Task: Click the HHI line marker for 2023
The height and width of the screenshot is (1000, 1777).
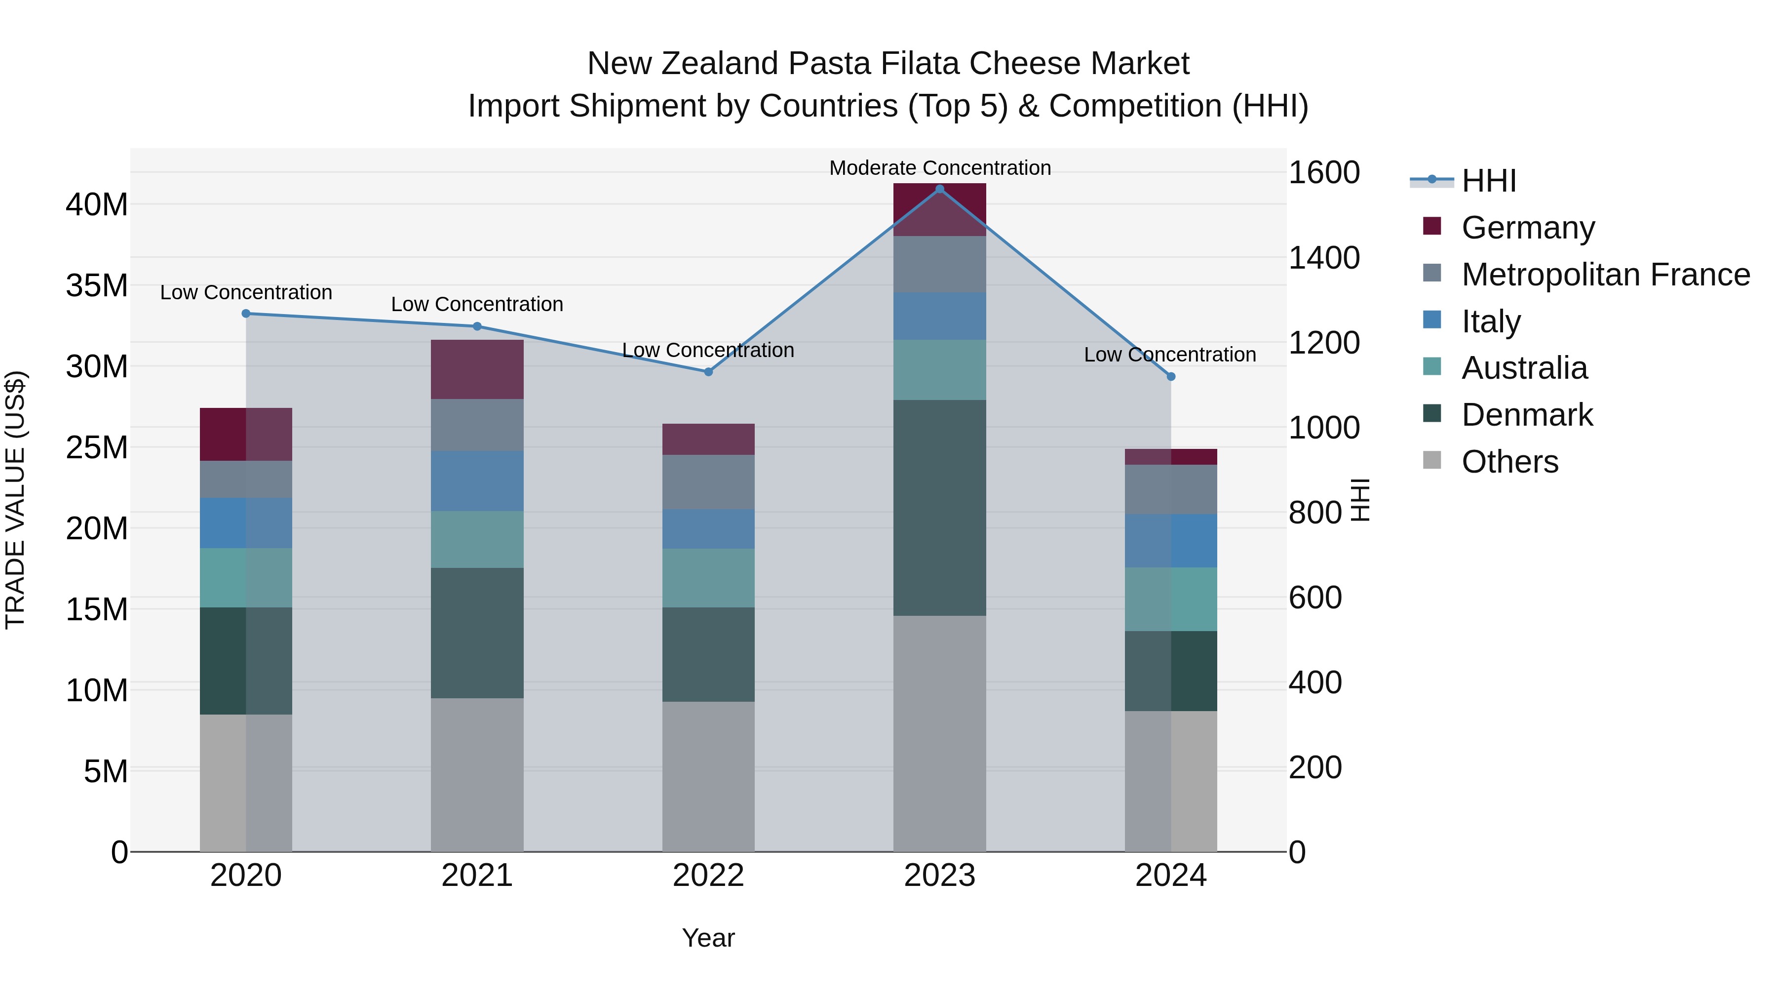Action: coord(939,189)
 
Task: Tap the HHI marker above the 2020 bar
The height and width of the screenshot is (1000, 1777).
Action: coord(246,313)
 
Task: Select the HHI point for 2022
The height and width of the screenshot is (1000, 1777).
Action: coord(708,372)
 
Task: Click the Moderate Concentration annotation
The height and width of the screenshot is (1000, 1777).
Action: coord(939,168)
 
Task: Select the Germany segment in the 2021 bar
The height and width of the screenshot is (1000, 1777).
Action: coord(477,369)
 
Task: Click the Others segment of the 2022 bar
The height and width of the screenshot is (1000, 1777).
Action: coord(708,776)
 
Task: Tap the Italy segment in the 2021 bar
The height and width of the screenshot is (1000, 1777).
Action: coord(477,480)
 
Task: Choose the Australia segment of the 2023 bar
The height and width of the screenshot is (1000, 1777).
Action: coord(939,370)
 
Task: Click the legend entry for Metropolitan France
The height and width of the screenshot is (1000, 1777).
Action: coord(1605,275)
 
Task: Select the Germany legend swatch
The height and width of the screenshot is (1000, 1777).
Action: coord(1432,226)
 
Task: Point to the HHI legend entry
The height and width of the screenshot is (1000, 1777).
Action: coord(1489,181)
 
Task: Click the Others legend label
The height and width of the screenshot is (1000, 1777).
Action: coord(1509,462)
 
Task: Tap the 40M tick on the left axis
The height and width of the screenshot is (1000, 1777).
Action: coord(97,205)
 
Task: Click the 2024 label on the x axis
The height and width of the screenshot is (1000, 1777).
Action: coord(1171,876)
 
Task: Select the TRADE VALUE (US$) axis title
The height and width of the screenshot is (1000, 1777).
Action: coord(15,500)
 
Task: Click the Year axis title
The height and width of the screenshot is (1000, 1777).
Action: coord(708,938)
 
